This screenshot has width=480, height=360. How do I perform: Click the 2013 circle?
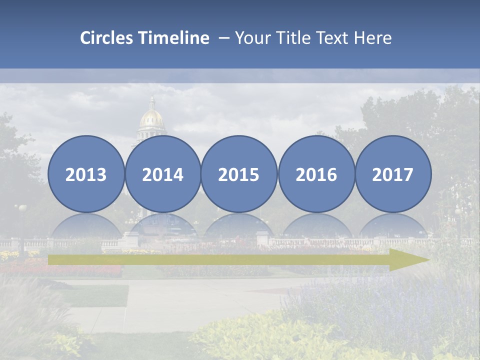86,174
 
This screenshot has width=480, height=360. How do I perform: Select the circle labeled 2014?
163,174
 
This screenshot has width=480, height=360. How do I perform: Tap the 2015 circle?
239,174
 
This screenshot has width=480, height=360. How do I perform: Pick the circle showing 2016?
316,174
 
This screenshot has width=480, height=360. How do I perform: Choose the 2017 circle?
393,174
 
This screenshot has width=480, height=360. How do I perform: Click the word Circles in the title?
107,37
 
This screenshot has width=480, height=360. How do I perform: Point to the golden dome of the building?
152,118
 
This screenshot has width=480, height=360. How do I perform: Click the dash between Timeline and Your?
223,38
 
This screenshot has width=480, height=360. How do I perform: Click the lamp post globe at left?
22,207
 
